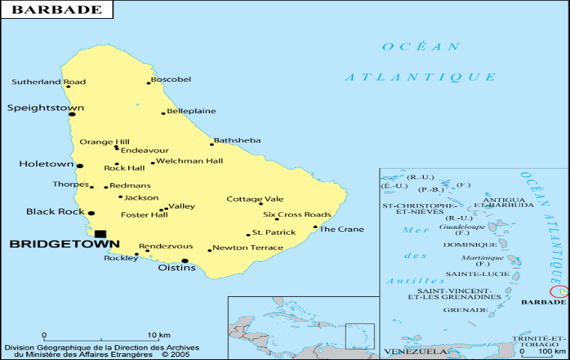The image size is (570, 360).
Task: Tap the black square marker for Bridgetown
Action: point(100,233)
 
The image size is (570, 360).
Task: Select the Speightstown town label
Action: point(46,108)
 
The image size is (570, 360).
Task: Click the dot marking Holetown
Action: point(80,166)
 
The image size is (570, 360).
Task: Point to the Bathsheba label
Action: point(237,140)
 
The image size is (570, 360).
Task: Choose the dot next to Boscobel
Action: point(148,83)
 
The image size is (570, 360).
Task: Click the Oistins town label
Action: point(176,268)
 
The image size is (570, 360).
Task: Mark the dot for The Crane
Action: point(315,227)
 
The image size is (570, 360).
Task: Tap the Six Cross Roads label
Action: point(297,214)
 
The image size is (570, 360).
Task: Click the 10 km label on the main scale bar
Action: point(158,334)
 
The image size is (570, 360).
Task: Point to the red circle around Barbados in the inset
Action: point(559,291)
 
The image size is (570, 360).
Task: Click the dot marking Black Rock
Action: point(91,213)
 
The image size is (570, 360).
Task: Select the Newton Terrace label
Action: point(247,247)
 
